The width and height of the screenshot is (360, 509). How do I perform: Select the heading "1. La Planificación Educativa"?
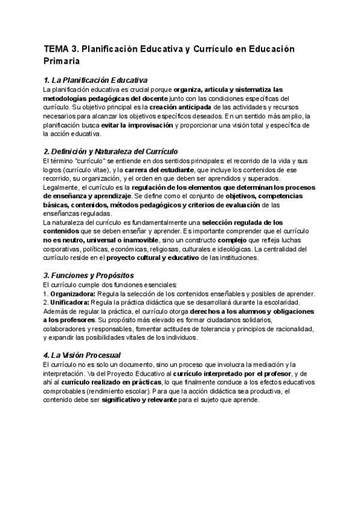(x=96, y=80)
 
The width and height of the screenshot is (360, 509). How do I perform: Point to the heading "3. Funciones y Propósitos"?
(x=88, y=276)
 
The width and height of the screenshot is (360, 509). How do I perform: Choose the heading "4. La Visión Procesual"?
(x=82, y=355)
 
